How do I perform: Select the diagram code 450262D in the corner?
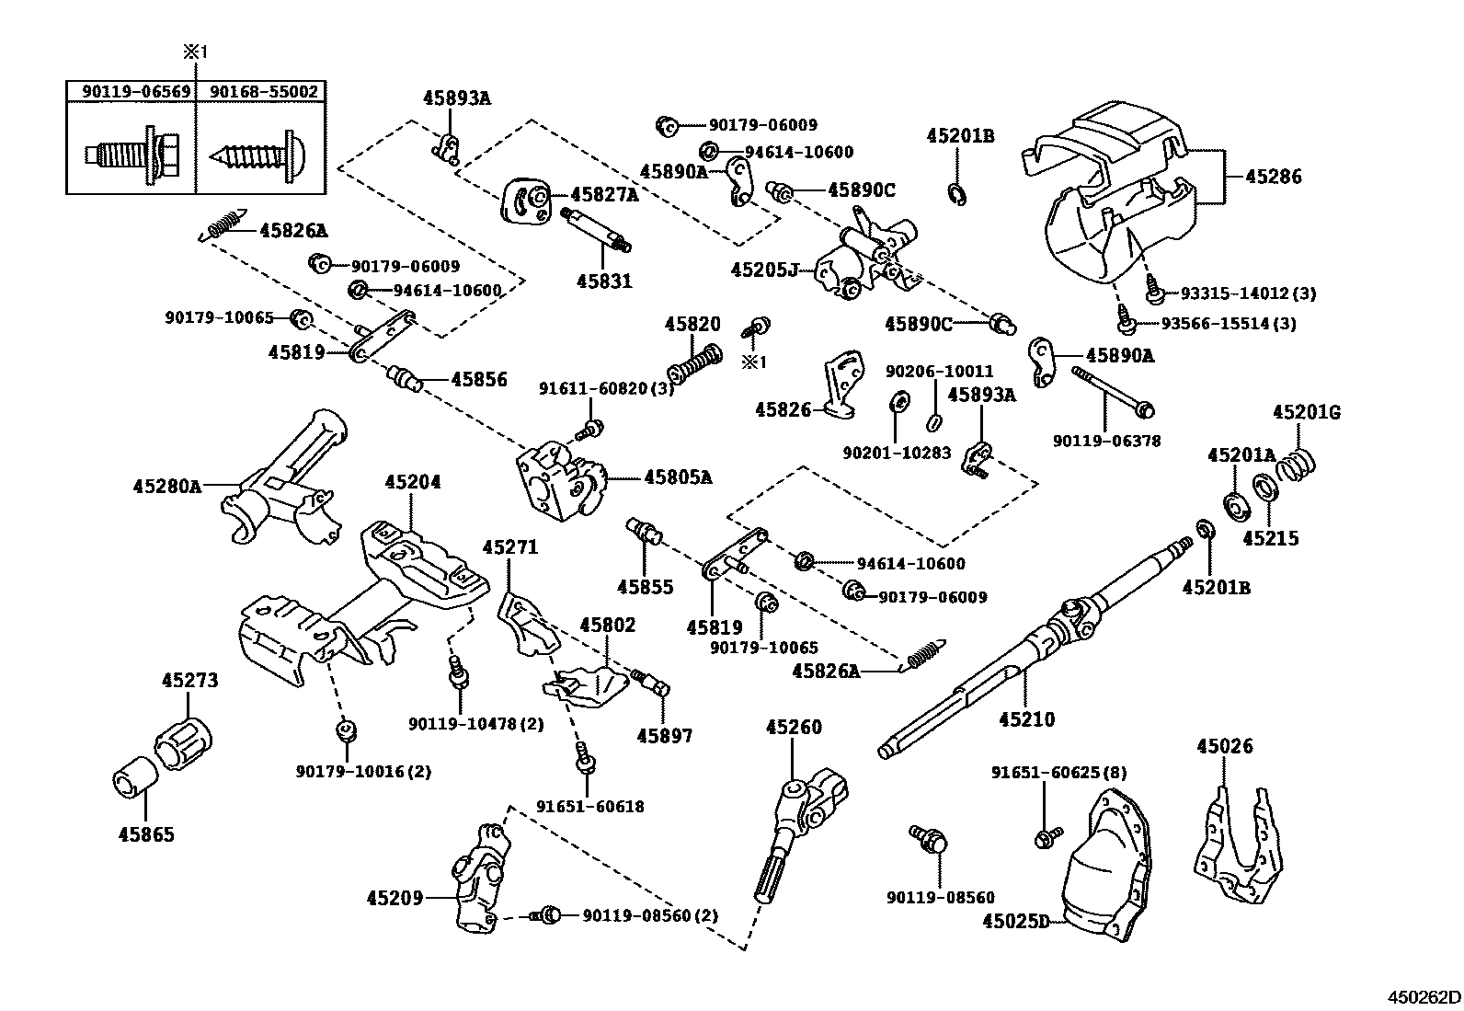1424,996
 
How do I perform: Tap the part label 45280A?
166,485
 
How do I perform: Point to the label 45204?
412,482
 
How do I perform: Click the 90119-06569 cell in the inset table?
131,91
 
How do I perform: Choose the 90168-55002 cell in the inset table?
263,91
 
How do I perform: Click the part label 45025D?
1016,920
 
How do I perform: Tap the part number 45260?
794,728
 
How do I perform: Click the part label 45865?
146,834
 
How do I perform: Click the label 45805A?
678,477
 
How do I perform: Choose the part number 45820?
692,324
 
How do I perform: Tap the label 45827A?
604,194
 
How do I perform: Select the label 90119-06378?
1106,441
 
